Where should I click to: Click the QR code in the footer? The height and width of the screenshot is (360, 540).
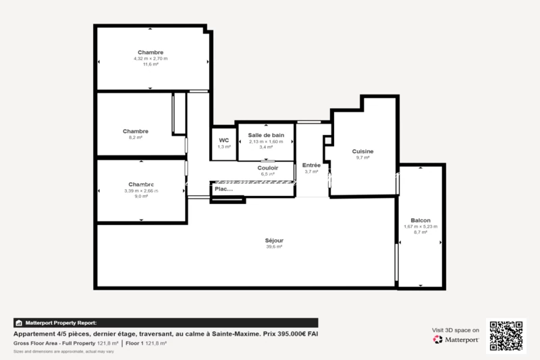coord(506,334)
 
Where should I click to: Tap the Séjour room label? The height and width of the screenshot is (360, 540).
coord(274,240)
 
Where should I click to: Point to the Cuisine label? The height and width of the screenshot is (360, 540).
coord(362,151)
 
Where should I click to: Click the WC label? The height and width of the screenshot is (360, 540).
coord(224,140)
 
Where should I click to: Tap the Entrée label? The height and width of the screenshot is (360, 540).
coord(311,165)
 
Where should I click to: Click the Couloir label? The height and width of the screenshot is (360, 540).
coord(268,168)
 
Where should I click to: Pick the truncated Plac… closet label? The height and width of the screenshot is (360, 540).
coord(223,189)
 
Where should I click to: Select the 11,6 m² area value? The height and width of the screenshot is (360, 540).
coord(151,64)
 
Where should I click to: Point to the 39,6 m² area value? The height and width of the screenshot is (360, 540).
coord(274,247)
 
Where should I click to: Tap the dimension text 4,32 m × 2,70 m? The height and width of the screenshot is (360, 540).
coord(151,59)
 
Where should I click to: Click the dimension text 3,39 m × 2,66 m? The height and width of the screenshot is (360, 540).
coord(141,190)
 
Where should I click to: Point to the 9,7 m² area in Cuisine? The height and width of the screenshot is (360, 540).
coord(362,157)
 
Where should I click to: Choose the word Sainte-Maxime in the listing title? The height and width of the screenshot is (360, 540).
coord(232,334)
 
